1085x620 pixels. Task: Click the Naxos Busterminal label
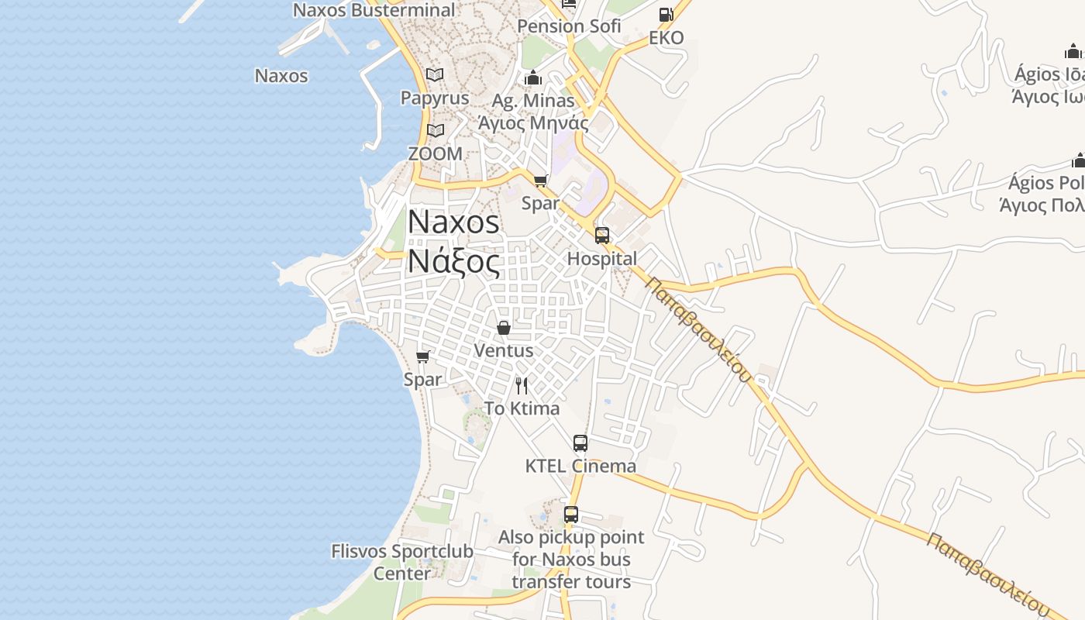click(374, 10)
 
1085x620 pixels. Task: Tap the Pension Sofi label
click(569, 26)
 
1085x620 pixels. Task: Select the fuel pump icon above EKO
click(666, 14)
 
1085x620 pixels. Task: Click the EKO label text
click(666, 38)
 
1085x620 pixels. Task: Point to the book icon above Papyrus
click(435, 75)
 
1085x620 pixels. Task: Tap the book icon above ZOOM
click(436, 130)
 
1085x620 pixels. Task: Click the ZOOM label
click(436, 153)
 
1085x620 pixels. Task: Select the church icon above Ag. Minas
click(532, 77)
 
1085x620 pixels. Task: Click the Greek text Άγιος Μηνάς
click(533, 122)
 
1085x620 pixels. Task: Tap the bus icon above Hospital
click(602, 236)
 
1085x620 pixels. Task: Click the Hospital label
click(602, 258)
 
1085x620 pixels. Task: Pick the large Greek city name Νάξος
click(454, 261)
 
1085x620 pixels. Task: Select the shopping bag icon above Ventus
click(504, 328)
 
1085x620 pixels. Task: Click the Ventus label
click(504, 350)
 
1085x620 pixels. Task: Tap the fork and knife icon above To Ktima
click(522, 385)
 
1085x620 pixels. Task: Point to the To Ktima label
click(522, 408)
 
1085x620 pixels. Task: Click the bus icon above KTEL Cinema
click(580, 443)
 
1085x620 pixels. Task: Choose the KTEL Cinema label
click(580, 466)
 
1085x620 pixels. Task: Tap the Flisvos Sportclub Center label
click(401, 562)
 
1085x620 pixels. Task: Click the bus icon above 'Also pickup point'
click(571, 514)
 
